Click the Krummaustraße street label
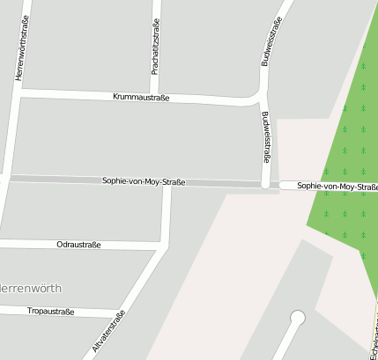[x=141, y=97]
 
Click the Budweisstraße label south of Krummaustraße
[x=265, y=137]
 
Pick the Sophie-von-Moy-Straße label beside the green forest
[x=337, y=187]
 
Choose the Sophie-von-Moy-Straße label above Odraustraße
[x=143, y=181]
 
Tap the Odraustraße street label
[x=78, y=244]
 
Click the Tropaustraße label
[x=51, y=311]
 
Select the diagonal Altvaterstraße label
[x=109, y=332]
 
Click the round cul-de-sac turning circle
[x=297, y=318]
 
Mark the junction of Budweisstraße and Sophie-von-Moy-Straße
[x=265, y=185]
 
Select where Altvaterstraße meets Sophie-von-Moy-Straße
[x=167, y=183]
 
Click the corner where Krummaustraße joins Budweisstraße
[x=262, y=100]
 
